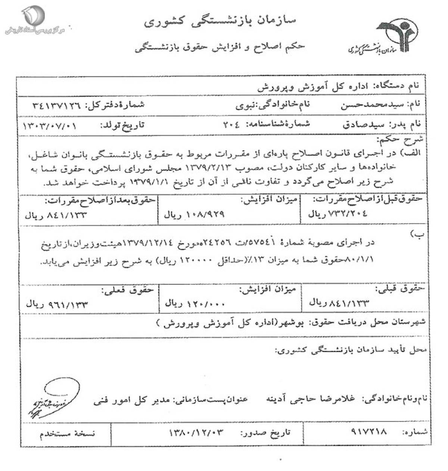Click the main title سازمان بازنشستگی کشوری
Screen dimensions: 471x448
(220, 21)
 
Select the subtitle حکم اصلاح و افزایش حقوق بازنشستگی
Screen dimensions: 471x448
(220, 47)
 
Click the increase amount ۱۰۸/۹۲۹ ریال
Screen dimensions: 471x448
(194, 215)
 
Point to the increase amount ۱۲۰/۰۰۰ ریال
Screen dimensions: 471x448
(195, 303)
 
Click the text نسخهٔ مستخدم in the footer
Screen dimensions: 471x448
(68, 433)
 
